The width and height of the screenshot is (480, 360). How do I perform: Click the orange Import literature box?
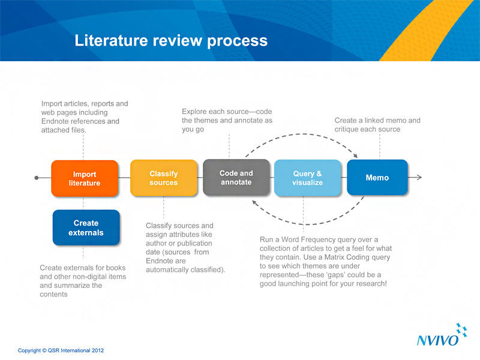point(84,178)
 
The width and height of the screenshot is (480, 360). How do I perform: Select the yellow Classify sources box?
point(163,178)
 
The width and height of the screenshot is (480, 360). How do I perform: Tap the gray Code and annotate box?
point(236,178)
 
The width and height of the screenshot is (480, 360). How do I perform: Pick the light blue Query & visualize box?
point(307,178)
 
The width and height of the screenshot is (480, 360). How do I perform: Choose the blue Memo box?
point(377,178)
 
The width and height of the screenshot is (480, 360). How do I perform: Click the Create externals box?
point(86,227)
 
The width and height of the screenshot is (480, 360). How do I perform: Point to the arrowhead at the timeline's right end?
point(419,178)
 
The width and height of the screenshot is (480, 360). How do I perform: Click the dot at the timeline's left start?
point(37,178)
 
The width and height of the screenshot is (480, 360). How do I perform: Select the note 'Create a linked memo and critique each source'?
point(377,125)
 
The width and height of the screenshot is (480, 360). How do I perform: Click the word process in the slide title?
point(238,41)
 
